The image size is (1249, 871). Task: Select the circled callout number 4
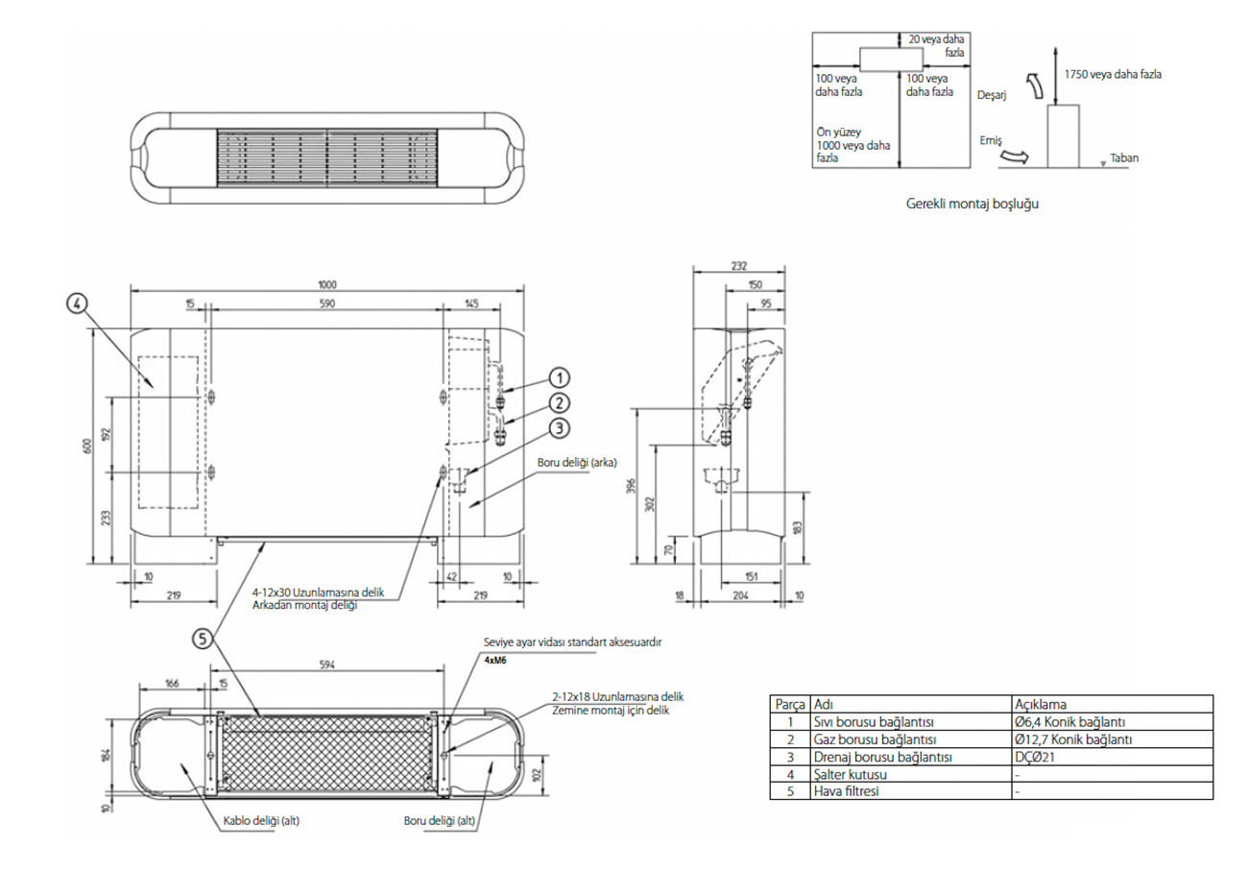click(x=78, y=302)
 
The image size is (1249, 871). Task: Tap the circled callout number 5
click(x=201, y=637)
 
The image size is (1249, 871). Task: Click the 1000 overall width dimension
click(x=328, y=283)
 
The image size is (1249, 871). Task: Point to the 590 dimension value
click(x=326, y=303)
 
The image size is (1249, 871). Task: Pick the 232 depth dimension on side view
click(x=739, y=267)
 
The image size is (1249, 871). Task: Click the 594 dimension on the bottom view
click(x=327, y=663)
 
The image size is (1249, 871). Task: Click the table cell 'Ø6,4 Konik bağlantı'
click(x=1069, y=721)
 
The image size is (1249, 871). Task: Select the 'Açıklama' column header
click(x=1041, y=703)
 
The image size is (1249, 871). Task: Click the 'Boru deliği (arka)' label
click(x=576, y=462)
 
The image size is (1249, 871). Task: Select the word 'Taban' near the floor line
click(x=1124, y=157)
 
